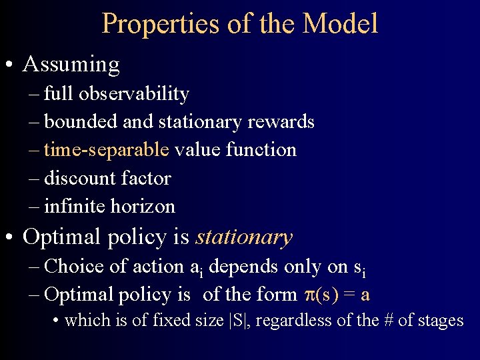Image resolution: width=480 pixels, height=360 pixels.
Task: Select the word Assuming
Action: (x=71, y=65)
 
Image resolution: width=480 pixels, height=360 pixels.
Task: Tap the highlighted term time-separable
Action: (x=107, y=150)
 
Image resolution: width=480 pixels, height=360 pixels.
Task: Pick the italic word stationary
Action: (x=244, y=237)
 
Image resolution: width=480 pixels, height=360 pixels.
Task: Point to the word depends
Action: (x=247, y=267)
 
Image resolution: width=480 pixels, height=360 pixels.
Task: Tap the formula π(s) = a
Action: (x=337, y=295)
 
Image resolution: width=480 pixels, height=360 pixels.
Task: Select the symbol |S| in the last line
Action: (x=237, y=321)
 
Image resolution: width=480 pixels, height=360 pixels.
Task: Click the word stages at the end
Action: (x=441, y=321)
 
